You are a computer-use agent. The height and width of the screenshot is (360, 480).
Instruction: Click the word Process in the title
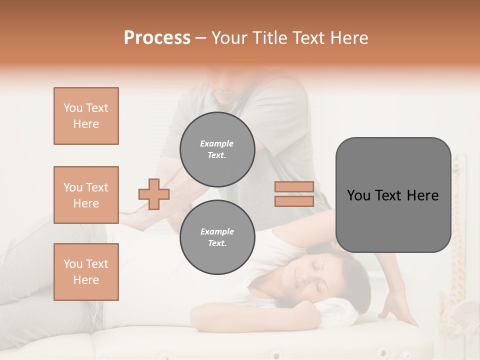[157, 38]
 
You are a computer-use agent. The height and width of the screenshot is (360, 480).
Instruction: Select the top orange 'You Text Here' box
[86, 116]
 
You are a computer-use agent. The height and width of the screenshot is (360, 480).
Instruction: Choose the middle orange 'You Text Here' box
[86, 195]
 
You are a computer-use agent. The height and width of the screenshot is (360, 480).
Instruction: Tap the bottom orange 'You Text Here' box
[86, 272]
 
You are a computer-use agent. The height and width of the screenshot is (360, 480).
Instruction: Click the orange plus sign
[154, 194]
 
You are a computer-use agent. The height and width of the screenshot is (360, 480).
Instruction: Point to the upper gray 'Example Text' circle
[217, 149]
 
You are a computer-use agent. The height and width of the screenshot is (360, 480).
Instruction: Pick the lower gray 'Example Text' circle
[217, 237]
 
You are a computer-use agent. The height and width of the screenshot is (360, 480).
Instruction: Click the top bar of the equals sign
[294, 187]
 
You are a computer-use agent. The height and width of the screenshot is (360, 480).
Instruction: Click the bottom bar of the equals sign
[294, 201]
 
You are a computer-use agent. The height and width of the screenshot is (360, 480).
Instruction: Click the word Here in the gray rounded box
[422, 195]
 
